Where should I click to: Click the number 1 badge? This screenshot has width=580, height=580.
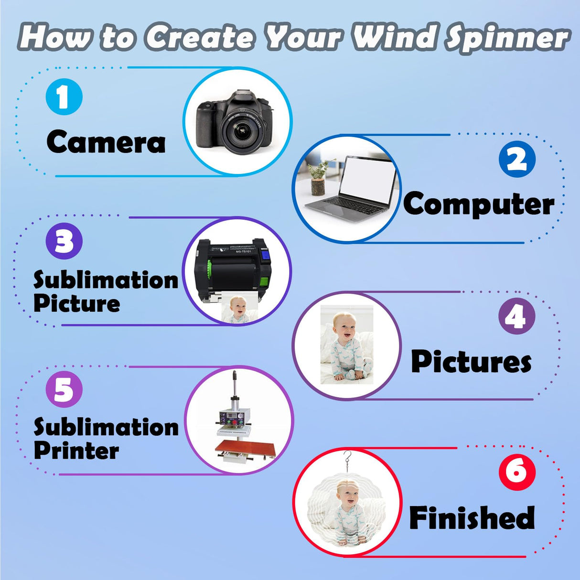64,97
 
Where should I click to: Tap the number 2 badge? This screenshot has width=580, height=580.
517,159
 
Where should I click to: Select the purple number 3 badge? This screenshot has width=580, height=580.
64,241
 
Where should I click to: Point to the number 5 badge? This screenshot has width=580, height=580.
64,390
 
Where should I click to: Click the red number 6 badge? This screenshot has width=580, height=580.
517,472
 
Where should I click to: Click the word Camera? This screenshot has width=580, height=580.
106,142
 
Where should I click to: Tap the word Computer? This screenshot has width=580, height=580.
479,204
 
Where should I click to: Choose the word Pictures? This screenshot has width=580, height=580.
471,362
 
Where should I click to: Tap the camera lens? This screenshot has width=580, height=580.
241,130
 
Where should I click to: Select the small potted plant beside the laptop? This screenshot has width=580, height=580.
318,178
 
